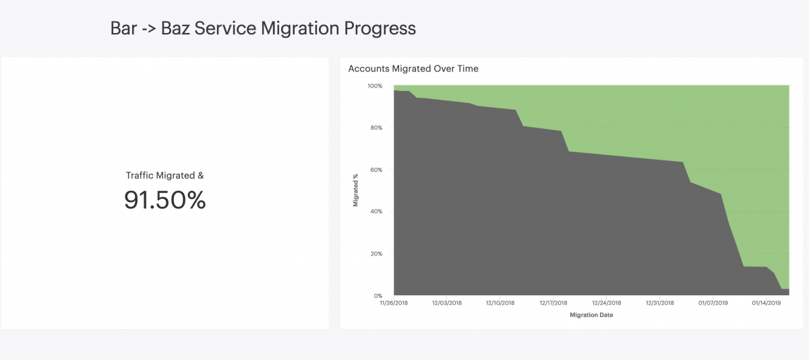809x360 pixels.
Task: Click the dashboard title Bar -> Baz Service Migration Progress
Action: point(263,28)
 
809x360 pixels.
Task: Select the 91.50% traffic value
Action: point(164,200)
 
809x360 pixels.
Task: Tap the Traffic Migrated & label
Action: point(164,175)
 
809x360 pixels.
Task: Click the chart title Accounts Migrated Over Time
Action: point(413,69)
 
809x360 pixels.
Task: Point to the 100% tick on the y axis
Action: point(375,86)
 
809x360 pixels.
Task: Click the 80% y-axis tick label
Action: point(376,128)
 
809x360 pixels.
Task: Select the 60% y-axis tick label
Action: point(376,170)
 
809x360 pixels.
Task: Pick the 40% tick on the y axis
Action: point(376,212)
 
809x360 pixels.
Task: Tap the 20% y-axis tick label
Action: point(376,254)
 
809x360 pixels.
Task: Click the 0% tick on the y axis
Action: point(378,296)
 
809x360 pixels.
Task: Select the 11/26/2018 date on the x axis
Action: point(394,303)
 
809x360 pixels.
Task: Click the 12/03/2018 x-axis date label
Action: point(447,303)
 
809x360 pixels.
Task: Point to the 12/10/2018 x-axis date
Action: point(500,303)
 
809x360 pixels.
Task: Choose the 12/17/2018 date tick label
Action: point(553,303)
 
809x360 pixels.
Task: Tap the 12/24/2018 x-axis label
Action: point(606,303)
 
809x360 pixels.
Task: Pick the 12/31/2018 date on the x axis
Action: point(660,303)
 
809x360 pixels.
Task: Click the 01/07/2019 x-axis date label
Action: point(713,303)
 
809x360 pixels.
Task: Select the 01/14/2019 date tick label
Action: point(767,303)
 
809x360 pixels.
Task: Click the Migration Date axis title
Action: point(591,315)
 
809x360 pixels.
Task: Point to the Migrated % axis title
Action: point(356,190)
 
